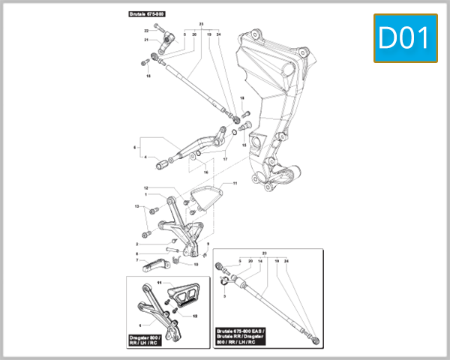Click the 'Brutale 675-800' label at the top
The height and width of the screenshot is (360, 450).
pyautogui.click(x=147, y=14)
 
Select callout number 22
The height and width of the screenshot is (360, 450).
pyautogui.click(x=147, y=30)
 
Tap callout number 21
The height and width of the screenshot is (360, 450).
pyautogui.click(x=147, y=40)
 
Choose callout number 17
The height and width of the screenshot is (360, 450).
pyautogui.click(x=225, y=159)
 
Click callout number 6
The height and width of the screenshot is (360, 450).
pyautogui.click(x=135, y=148)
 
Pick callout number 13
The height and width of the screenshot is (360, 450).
pyautogui.click(x=136, y=206)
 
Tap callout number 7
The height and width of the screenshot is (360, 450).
pyautogui.click(x=136, y=260)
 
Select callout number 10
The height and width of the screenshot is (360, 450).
pyautogui.click(x=196, y=265)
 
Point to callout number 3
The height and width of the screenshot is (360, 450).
pyautogui.click(x=224, y=297)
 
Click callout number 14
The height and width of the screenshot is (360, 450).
pyautogui.click(x=260, y=261)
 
